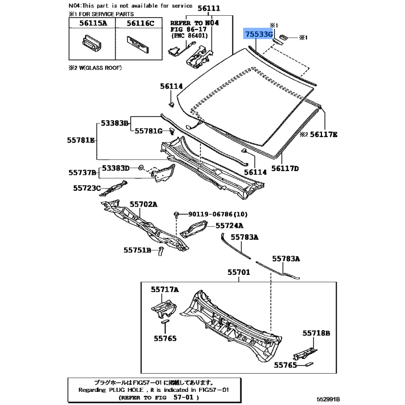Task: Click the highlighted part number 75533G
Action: (259, 34)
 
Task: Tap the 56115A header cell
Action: (91, 23)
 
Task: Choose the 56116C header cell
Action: (141, 23)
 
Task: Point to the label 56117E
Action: (324, 134)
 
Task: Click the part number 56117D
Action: (285, 168)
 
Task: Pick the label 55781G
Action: (148, 131)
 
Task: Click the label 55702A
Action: (144, 204)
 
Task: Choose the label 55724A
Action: (229, 226)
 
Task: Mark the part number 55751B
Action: (137, 250)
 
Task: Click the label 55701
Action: (239, 272)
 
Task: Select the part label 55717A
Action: (165, 290)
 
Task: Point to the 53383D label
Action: (116, 168)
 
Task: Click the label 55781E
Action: (81, 139)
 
